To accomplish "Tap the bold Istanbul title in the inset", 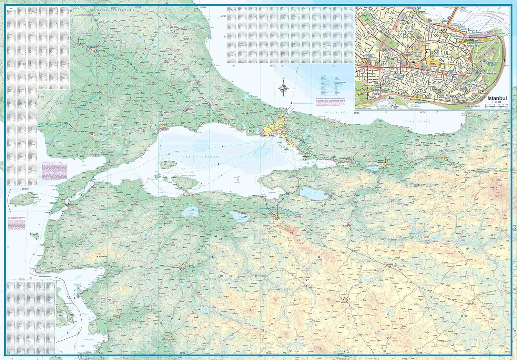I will coord(497,98).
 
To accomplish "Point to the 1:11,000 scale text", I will coord(497,102).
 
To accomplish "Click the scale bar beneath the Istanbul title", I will coord(497,106).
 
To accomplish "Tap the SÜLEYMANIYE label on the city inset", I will coord(408,31).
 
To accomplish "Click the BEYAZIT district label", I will coord(414,59).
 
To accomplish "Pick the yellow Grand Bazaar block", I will coord(432,62).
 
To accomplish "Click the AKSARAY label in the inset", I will coord(368,55).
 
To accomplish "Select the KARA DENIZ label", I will coord(413,122).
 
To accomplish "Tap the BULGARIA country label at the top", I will coord(110,11).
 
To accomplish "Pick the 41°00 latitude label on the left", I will coord(41,97).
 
